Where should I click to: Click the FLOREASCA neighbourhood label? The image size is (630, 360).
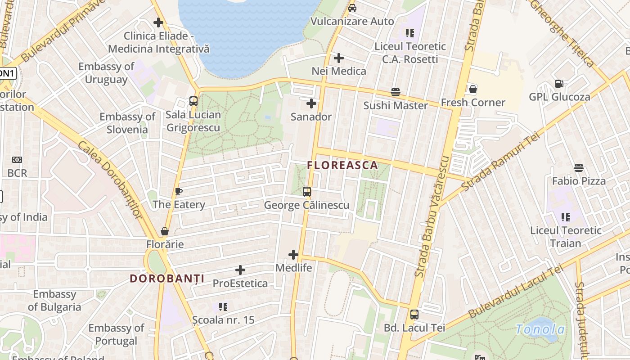[x=342, y=165]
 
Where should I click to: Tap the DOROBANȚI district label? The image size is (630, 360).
[x=167, y=278]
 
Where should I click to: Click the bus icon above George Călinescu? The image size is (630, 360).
[x=307, y=192]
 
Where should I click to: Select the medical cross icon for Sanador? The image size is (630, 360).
[x=311, y=104]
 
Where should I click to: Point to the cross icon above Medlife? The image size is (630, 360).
[x=293, y=255]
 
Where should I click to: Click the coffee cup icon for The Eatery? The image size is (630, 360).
[x=179, y=192]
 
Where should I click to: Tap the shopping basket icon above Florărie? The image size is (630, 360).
[x=165, y=231]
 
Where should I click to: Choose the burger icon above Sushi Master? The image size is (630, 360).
[x=396, y=92]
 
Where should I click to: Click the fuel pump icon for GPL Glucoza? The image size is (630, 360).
[x=559, y=84]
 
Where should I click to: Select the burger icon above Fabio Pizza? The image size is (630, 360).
[x=579, y=168]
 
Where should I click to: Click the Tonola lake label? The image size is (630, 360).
[x=540, y=329]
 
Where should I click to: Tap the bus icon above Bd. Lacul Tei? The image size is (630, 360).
[x=414, y=315]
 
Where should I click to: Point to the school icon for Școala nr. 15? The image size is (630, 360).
[x=223, y=307]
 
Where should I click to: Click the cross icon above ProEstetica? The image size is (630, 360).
[x=240, y=270]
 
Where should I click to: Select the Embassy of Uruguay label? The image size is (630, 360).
[x=106, y=73]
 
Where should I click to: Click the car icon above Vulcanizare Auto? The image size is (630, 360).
[x=352, y=8]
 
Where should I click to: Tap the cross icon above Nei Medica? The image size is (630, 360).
[x=339, y=58]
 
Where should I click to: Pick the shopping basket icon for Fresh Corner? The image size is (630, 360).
[x=473, y=89]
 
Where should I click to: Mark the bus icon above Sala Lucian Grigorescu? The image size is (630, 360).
[x=193, y=101]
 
